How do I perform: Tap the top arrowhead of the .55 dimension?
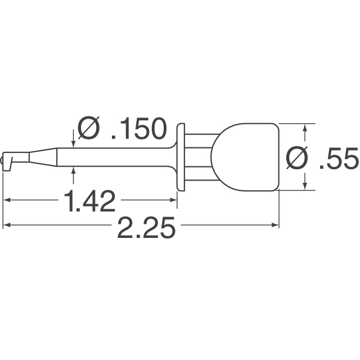(x=305, y=128)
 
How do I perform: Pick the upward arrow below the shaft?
(x=74, y=171)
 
